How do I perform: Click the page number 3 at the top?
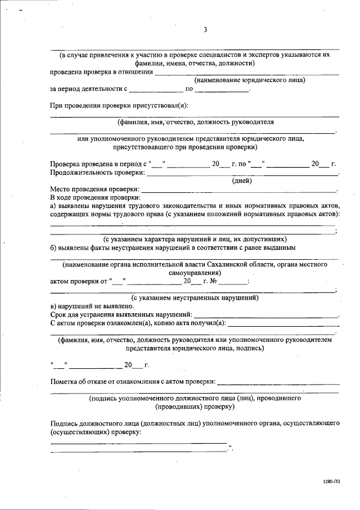click(205, 30)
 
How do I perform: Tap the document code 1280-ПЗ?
click(331, 481)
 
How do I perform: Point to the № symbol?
click(213, 281)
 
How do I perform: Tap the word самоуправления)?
click(195, 272)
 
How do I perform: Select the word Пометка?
click(65, 382)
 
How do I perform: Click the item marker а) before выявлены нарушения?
click(54, 206)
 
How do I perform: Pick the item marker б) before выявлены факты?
click(54, 247)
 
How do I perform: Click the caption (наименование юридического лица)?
click(246, 80)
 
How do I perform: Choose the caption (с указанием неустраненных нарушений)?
click(194, 297)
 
